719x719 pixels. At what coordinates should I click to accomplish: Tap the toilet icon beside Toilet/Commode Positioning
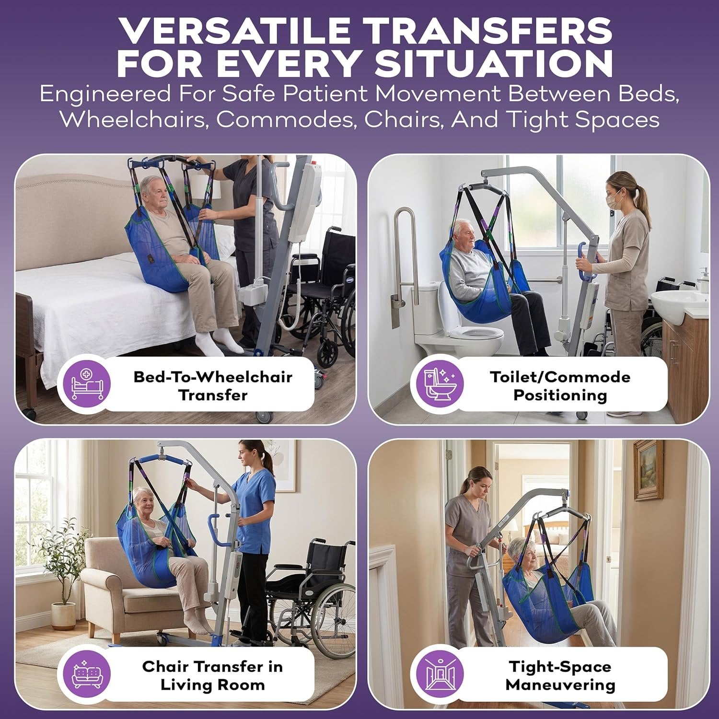[x=437, y=384]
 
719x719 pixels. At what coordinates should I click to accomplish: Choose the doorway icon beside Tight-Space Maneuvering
[x=437, y=673]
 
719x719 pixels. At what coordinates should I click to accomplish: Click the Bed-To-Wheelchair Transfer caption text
[x=213, y=386]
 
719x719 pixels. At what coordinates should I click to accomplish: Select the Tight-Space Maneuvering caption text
[x=560, y=675]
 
